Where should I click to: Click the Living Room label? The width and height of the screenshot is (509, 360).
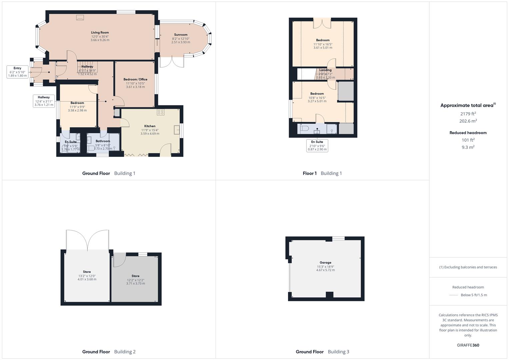[x=100, y=33]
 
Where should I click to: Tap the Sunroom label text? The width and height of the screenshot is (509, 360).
[x=181, y=35]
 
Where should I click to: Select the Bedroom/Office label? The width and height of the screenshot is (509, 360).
[x=135, y=79]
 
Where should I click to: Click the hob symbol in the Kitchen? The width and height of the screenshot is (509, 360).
[x=161, y=112]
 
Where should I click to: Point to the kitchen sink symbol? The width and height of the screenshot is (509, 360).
[x=177, y=130]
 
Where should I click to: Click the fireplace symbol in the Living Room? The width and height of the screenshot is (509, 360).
[x=80, y=18]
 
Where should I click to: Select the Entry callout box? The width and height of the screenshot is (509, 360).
[x=17, y=72]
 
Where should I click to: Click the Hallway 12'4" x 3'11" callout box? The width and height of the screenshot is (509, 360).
[x=44, y=101]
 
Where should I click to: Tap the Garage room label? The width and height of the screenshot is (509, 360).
[x=325, y=263]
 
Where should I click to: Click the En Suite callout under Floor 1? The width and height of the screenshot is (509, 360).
[x=317, y=146]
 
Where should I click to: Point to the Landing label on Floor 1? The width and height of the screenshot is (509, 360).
[x=325, y=70]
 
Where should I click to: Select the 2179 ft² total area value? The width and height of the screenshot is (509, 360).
[x=468, y=114]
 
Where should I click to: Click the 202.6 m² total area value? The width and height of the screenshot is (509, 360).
[x=468, y=121]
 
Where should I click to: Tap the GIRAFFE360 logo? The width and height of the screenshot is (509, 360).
[x=468, y=345]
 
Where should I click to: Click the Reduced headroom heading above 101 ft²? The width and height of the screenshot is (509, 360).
[x=468, y=133]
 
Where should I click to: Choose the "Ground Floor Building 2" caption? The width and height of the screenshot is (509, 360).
[x=109, y=352]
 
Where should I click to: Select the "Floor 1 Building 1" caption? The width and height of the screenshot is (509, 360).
[x=322, y=173]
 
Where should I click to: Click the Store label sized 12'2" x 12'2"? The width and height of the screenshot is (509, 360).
[x=135, y=276]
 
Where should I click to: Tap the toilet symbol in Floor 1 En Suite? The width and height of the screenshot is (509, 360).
[x=304, y=128]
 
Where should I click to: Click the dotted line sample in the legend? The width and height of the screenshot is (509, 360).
[x=454, y=295]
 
